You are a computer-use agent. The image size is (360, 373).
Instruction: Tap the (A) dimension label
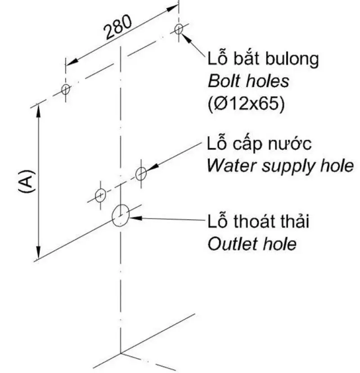[27, 182]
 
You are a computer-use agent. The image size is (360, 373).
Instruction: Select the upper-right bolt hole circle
[179, 30]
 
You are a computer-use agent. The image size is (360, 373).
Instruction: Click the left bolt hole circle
[66, 89]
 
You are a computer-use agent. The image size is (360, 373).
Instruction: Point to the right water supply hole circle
[141, 173]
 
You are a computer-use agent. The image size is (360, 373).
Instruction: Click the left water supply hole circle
[100, 196]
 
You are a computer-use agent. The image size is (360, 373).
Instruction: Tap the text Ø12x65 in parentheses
[246, 104]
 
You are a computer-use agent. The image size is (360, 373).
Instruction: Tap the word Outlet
[230, 244]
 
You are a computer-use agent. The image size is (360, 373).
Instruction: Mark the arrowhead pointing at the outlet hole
[134, 218]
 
